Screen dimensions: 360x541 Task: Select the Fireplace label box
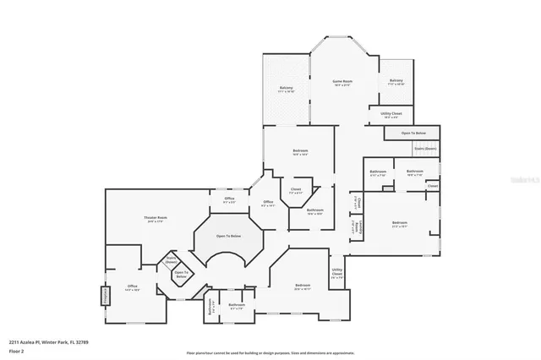click(107, 297)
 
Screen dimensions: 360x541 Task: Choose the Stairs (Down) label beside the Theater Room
click(171, 260)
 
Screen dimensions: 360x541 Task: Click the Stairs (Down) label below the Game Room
click(425, 148)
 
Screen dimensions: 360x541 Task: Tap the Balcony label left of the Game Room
click(287, 89)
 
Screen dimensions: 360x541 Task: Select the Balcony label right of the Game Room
click(396, 83)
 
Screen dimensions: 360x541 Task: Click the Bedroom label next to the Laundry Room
click(400, 224)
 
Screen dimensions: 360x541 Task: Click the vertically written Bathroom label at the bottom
click(210, 308)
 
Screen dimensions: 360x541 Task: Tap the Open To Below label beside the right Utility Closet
click(413, 134)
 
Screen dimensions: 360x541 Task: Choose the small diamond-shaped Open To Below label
click(180, 275)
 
